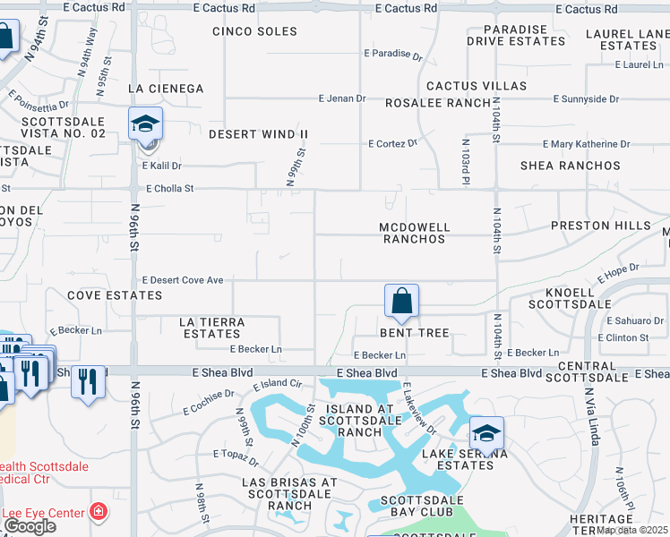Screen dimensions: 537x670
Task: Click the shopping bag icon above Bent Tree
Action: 402,301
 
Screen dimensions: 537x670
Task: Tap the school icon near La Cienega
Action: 145,125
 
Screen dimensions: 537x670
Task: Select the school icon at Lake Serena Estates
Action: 486,434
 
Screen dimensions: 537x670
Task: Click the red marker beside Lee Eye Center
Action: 99,513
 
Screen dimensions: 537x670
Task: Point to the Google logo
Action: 29,526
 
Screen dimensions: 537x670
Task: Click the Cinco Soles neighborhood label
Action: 254,31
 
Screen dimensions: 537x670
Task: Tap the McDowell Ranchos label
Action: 413,233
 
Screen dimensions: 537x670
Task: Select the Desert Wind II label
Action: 258,134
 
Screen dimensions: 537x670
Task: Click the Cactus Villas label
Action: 476,86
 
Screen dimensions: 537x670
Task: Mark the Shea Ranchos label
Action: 571,166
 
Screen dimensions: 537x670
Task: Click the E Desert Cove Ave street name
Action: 183,280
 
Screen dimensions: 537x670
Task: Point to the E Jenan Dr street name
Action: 343,98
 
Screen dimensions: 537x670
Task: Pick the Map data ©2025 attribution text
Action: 632,530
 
